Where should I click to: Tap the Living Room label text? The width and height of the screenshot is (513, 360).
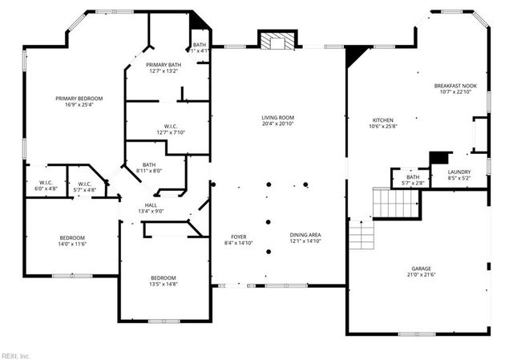(277, 118)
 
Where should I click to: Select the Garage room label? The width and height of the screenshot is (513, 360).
(422, 269)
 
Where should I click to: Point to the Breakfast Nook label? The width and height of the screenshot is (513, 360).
(455, 86)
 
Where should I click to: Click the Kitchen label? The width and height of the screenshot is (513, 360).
(383, 120)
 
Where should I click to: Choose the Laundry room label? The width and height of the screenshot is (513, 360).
(459, 172)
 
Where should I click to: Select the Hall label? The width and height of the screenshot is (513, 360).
(151, 205)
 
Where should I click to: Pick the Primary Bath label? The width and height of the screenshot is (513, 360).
(163, 65)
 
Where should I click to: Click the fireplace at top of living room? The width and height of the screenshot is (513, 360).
(277, 41)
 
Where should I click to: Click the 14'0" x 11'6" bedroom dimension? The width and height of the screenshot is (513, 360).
(71, 244)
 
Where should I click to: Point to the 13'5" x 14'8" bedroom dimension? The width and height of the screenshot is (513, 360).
(164, 284)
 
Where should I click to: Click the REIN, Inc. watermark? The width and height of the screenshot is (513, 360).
(15, 354)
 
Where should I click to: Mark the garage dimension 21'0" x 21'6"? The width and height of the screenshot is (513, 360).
(422, 275)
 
